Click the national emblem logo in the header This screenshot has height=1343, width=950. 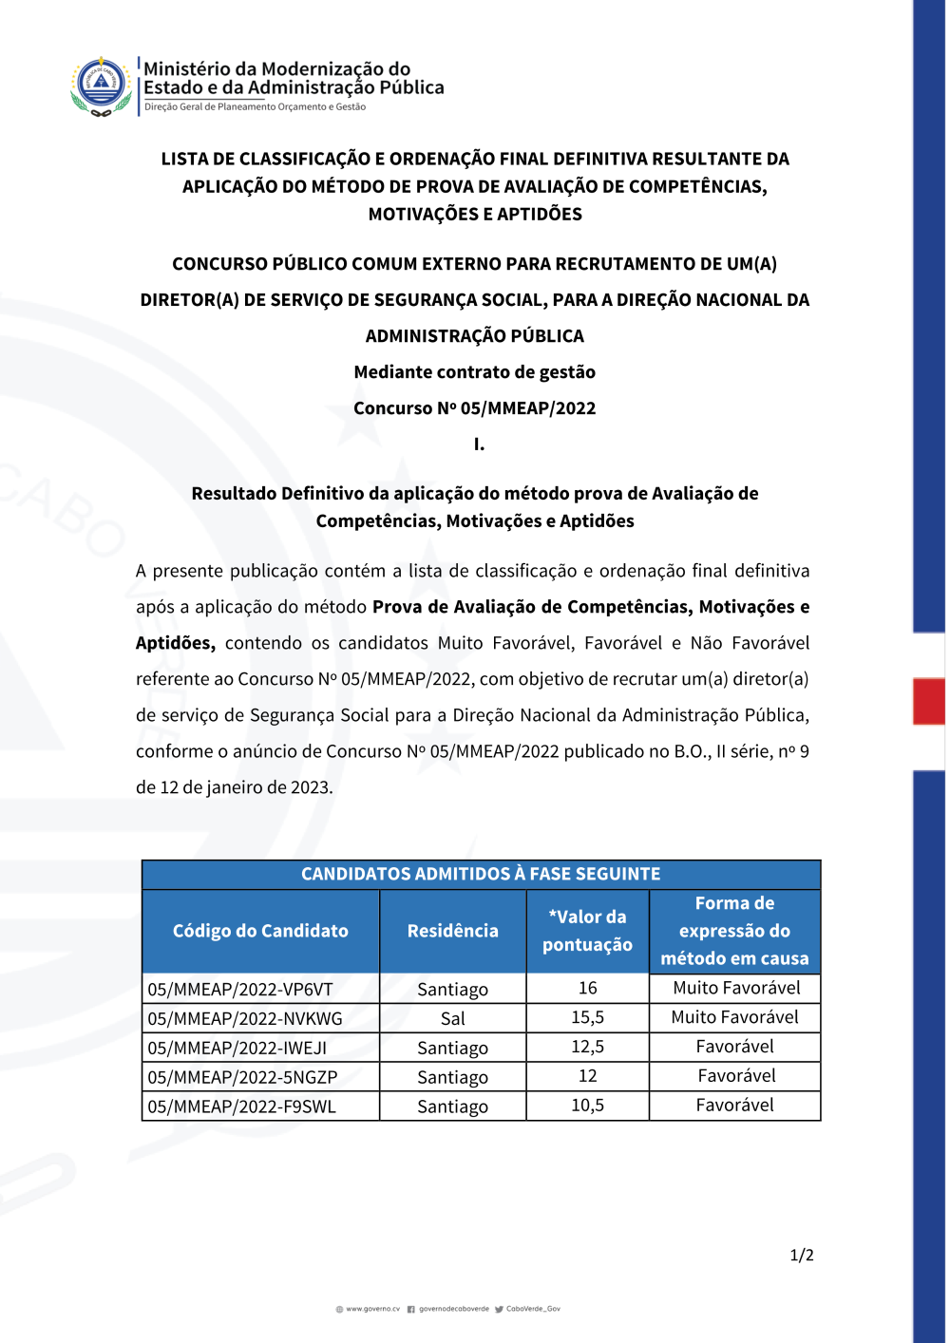[x=101, y=85]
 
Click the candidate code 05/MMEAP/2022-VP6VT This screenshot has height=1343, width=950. [x=240, y=990]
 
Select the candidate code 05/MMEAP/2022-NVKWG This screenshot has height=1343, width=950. [x=245, y=1019]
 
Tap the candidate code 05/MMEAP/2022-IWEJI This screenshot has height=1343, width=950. [x=237, y=1049]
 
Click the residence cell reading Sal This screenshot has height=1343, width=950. [x=453, y=1019]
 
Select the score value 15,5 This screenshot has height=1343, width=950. [x=587, y=1018]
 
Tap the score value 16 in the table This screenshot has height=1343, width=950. [x=587, y=989]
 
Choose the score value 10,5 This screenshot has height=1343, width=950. [x=587, y=1106]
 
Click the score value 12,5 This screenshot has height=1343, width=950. [x=587, y=1048]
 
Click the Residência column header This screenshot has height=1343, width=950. [x=453, y=931]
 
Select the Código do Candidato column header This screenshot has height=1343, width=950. [x=260, y=931]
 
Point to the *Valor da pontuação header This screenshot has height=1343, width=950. [x=587, y=931]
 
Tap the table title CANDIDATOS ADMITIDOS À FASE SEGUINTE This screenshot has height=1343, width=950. [x=481, y=874]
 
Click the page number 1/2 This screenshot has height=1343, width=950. [x=802, y=1256]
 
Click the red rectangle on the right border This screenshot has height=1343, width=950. [x=928, y=701]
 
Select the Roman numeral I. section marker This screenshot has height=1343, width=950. [x=479, y=445]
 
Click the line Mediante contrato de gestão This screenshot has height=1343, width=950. [x=475, y=372]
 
